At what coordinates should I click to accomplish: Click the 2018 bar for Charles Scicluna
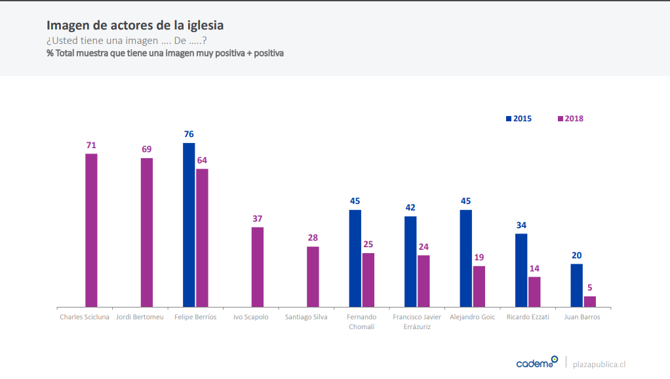tap(91, 230)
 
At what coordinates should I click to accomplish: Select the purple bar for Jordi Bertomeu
tap(147, 232)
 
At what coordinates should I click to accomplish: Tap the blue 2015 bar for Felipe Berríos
tap(189, 224)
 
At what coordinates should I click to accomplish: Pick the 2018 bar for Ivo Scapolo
tap(258, 267)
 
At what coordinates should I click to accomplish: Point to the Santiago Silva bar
tap(313, 277)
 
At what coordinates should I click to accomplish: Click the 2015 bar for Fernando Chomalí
tap(355, 258)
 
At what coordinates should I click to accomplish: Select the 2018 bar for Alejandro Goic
tap(479, 287)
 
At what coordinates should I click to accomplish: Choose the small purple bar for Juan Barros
tap(590, 302)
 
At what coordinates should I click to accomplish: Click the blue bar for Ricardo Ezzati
tap(521, 270)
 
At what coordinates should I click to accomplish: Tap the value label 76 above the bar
tap(189, 134)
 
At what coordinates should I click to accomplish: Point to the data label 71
tap(91, 145)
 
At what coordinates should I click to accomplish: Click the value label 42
tap(410, 207)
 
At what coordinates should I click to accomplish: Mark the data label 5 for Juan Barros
tap(590, 287)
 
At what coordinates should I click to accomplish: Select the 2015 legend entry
tap(519, 119)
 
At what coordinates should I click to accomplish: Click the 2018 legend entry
tap(570, 119)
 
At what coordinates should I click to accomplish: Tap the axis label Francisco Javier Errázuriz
tap(417, 321)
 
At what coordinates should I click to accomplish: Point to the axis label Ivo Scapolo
tap(251, 317)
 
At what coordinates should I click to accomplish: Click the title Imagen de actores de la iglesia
tap(135, 26)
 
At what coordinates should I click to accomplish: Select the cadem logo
tap(537, 363)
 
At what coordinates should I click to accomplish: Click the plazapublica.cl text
tap(599, 364)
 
